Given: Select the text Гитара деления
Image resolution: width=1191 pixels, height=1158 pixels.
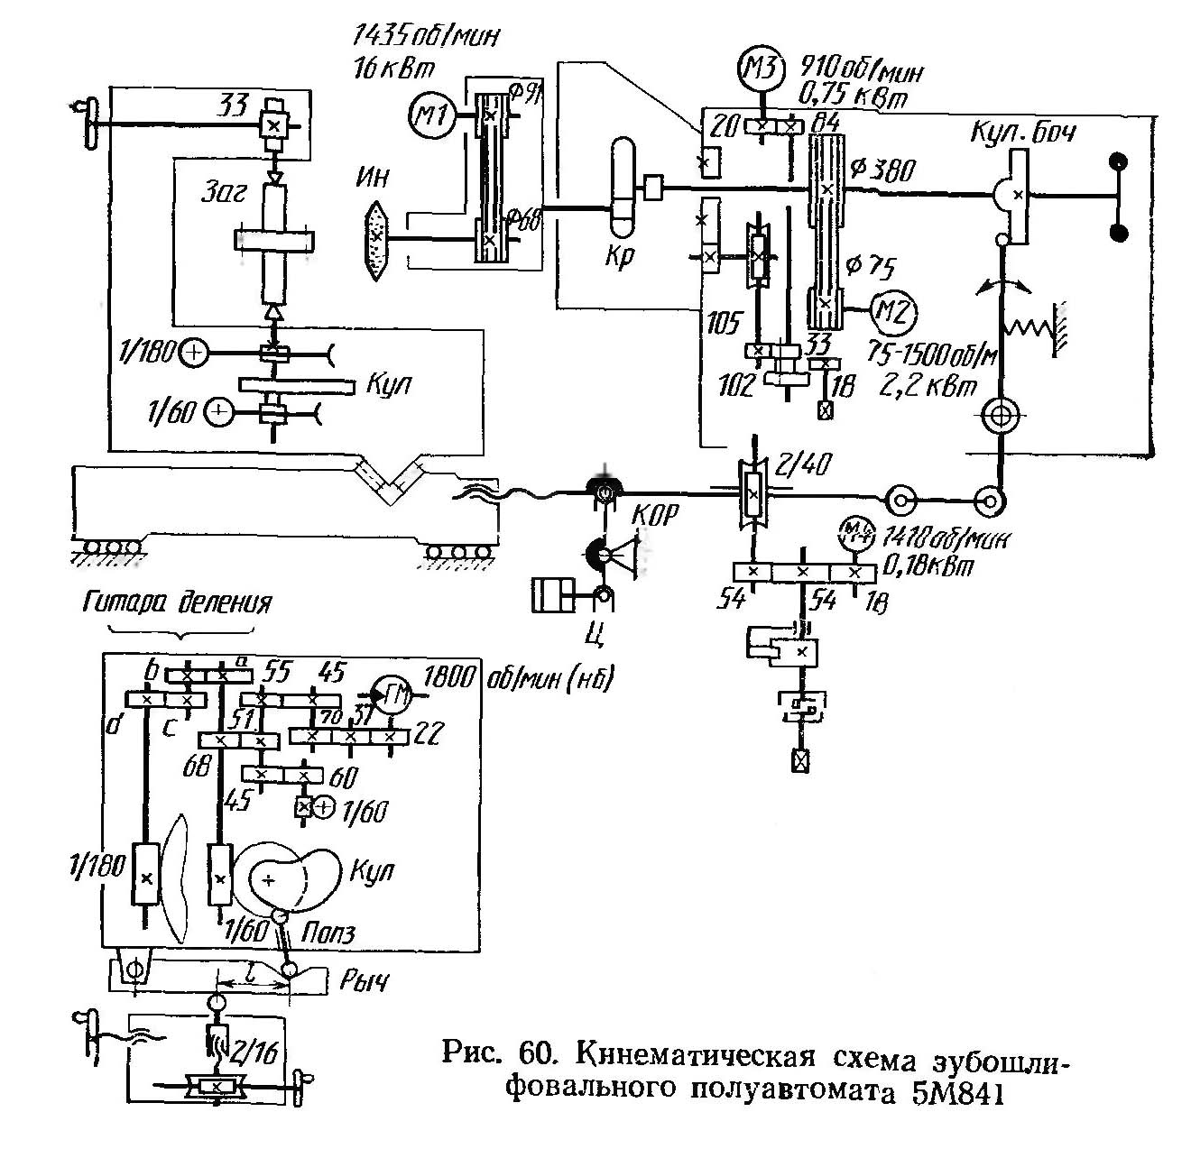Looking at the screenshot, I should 177,603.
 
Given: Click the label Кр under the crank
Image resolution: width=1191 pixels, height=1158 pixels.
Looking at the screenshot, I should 622,256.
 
